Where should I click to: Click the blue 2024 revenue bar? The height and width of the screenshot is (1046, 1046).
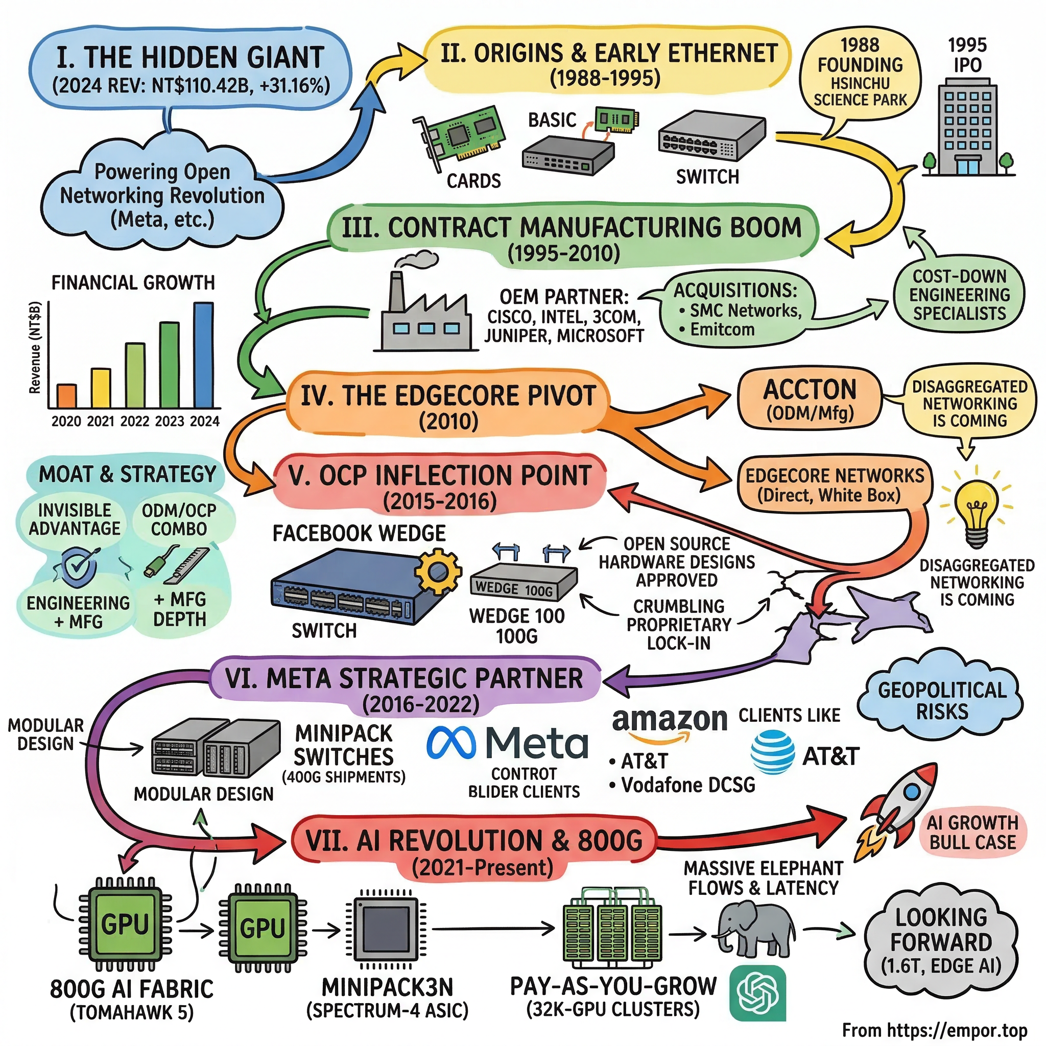(204, 355)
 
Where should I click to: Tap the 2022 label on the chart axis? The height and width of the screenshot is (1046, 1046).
(135, 421)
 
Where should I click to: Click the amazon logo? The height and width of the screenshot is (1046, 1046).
(669, 723)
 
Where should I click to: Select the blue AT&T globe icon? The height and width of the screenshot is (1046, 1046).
(772, 752)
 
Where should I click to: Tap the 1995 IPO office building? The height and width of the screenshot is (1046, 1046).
(968, 127)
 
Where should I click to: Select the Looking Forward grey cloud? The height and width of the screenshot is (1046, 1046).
(941, 941)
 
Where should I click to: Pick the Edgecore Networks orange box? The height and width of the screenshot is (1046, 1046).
(835, 485)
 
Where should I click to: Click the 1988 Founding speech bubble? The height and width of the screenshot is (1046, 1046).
(860, 76)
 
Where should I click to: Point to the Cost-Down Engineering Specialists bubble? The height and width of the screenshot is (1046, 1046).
(959, 295)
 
